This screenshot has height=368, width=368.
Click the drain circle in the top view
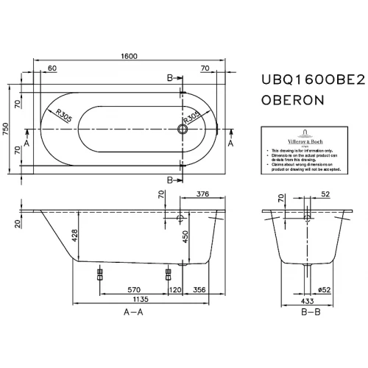point(183,130)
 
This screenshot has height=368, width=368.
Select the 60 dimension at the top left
point(52,68)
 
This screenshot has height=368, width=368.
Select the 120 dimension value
point(174,290)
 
